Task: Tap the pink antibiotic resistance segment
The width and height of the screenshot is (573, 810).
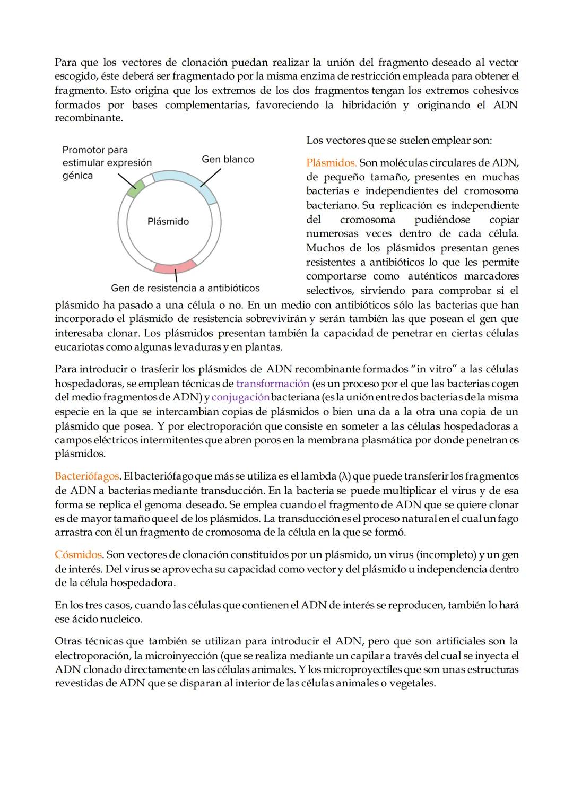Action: tap(176, 268)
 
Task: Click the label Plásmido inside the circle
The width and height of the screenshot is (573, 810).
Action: tap(168, 222)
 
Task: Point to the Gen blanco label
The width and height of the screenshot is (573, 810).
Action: tap(228, 159)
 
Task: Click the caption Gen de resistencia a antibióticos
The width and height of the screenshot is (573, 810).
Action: tap(185, 288)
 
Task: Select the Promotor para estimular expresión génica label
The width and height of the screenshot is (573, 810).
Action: tap(107, 162)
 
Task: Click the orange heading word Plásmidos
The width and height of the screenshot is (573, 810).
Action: tap(331, 162)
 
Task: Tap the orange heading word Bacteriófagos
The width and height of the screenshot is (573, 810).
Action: tap(87, 476)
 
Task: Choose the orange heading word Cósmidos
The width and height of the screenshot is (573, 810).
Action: tap(79, 554)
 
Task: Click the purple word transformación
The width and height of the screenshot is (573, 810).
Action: tap(273, 383)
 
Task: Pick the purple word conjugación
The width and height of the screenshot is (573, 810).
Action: tap(240, 397)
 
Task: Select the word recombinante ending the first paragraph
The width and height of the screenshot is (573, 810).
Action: tap(88, 118)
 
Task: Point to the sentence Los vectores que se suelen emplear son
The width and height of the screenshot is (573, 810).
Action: tap(399, 141)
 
